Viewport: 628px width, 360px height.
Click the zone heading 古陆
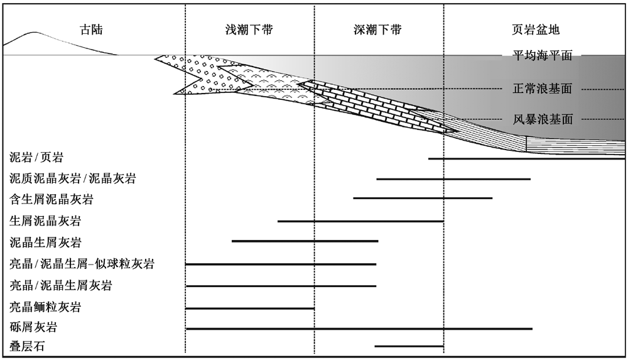[x=92, y=30]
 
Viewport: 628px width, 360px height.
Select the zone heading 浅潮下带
[x=249, y=30]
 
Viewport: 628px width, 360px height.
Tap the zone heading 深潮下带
[x=377, y=30]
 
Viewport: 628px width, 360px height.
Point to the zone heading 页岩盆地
[x=536, y=30]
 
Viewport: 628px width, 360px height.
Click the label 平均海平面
[x=543, y=55]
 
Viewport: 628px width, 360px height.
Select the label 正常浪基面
[x=543, y=89]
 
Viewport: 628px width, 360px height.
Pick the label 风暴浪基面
[x=543, y=119]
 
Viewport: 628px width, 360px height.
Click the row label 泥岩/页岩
[x=36, y=157]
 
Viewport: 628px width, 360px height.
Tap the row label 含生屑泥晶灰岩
[x=51, y=199]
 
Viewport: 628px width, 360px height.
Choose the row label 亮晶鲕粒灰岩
[x=45, y=307]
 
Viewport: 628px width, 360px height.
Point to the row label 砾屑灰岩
[x=33, y=327]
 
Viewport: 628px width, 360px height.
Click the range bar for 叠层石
[x=409, y=346]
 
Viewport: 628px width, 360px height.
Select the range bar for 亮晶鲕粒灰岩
[x=249, y=308]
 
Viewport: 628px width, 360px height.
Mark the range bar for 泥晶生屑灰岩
[x=305, y=241]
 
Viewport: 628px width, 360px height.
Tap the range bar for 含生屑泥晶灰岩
[x=423, y=198]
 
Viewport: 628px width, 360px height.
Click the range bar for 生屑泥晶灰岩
[x=360, y=221]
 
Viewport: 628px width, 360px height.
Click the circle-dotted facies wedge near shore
[x=200, y=76]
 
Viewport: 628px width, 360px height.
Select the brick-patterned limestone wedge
[x=376, y=106]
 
